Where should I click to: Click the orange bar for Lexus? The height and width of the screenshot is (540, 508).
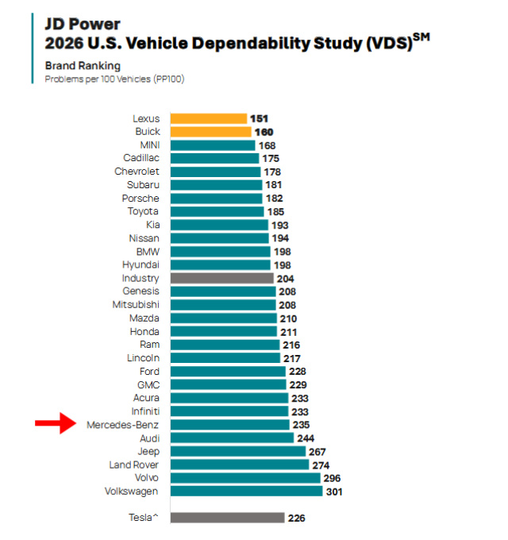[208, 118]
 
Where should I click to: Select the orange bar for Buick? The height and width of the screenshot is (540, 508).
[210, 132]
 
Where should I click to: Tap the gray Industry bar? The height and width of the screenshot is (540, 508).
[221, 279]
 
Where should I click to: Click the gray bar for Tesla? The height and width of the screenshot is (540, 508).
[227, 518]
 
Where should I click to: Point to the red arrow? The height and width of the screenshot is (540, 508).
[56, 425]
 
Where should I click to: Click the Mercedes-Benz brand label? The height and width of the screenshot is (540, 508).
[122, 425]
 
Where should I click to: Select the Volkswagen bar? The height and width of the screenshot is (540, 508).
[246, 492]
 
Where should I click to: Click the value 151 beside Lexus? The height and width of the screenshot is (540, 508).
[259, 118]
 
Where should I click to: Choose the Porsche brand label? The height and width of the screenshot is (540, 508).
[140, 199]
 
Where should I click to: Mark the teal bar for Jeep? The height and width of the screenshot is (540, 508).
[238, 452]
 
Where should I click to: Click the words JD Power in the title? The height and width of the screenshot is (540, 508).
[76, 24]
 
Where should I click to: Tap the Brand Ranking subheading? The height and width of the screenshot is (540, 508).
[83, 66]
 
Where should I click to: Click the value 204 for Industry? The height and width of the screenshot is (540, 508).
[286, 279]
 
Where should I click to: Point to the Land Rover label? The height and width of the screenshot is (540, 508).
[133, 465]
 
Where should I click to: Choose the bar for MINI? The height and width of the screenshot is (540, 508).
[212, 145]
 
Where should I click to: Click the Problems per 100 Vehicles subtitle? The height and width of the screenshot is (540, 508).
[114, 79]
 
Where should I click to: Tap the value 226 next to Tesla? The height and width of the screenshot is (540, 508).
[297, 518]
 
